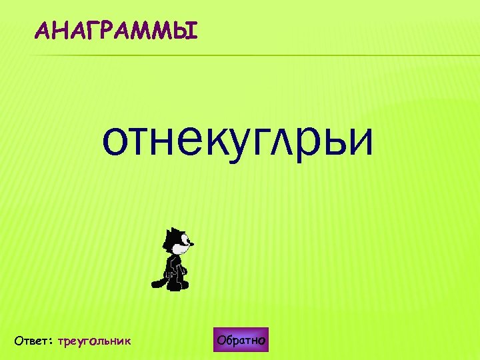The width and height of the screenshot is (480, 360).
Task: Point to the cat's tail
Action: (x=158, y=281)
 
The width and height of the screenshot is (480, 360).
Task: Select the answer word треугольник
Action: (x=95, y=341)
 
